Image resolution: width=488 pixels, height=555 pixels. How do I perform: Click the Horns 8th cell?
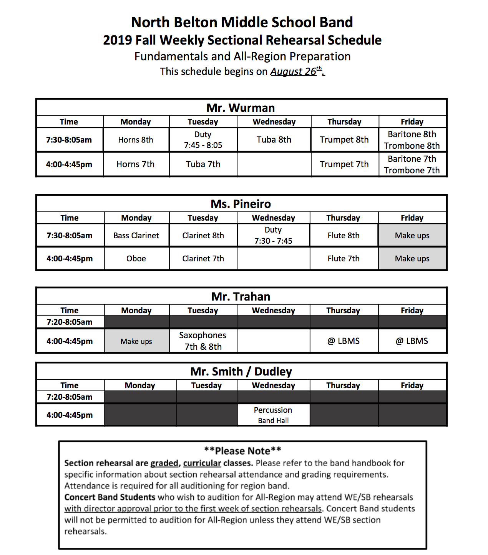(136, 140)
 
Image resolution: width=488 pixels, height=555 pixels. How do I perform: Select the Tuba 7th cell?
(203, 165)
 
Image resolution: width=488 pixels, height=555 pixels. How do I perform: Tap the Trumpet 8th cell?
(344, 140)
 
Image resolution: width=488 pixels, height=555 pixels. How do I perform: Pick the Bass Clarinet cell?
(136, 236)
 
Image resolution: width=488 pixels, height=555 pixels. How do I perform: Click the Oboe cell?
(136, 259)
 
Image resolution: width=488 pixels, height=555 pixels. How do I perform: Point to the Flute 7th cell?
(344, 259)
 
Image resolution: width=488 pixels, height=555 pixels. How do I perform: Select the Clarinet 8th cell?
(203, 236)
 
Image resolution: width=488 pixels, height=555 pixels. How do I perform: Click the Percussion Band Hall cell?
(273, 415)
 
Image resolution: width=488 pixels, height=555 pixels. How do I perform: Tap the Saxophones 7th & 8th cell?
(203, 341)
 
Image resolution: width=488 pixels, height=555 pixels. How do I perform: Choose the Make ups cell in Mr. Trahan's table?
(136, 341)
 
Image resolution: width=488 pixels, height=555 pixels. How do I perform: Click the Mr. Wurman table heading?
(241, 108)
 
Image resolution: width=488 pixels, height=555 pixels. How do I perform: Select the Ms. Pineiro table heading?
(241, 204)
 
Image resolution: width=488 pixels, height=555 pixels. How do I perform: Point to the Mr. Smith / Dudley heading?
(241, 372)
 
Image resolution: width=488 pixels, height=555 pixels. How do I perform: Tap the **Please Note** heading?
(242, 451)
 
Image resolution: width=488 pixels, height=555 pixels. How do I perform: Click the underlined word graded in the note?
(164, 463)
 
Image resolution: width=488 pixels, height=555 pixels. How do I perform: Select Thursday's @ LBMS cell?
(344, 341)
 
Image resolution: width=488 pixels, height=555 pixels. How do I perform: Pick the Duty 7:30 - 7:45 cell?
(273, 235)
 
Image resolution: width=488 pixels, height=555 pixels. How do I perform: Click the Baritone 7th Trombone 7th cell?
(412, 165)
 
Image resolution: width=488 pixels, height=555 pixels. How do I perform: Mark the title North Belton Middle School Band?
(242, 22)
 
